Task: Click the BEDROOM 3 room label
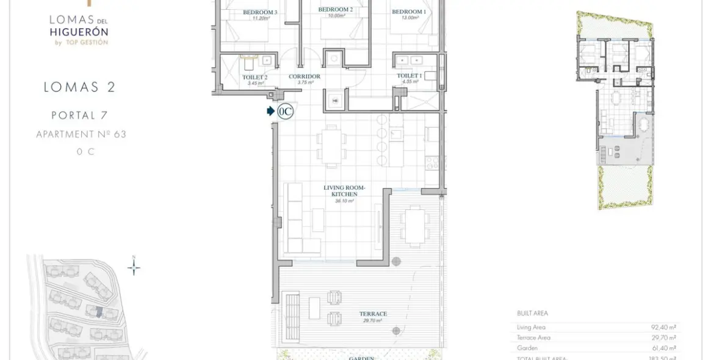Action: tap(260, 12)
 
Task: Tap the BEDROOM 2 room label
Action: tap(335, 9)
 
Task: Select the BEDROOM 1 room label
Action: tap(408, 12)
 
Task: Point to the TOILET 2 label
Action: tap(254, 77)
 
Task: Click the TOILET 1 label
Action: tap(409, 76)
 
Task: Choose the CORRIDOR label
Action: tap(305, 76)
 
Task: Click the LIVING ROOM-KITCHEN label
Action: tap(344, 190)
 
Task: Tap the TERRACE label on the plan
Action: tap(373, 314)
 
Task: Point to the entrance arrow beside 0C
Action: tap(270, 111)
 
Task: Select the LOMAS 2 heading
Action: tap(79, 87)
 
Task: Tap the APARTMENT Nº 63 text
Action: tap(81, 134)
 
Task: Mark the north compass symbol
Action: tap(134, 267)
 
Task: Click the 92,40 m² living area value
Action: tap(663, 327)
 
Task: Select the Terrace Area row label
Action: tap(533, 337)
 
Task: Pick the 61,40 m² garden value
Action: tap(663, 348)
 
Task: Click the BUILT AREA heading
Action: tap(532, 314)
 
